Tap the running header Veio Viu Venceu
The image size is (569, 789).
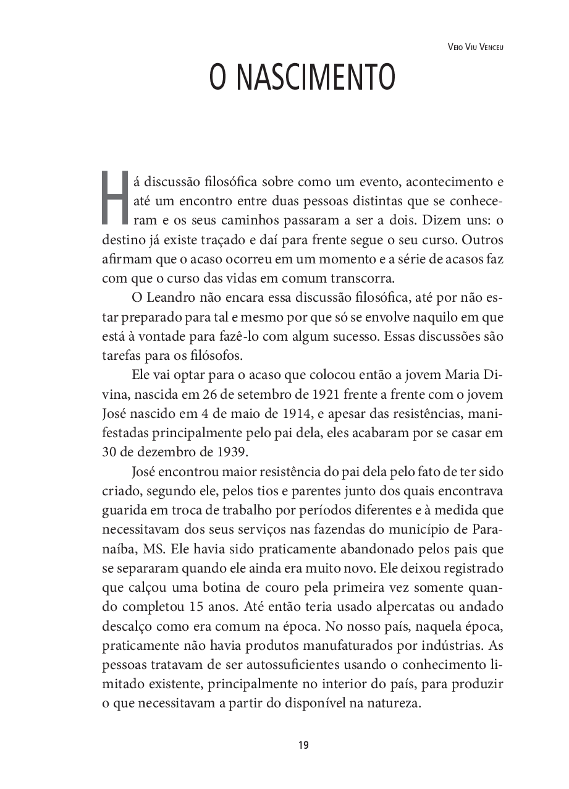[x=475, y=47]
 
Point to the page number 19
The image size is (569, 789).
[x=303, y=745]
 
